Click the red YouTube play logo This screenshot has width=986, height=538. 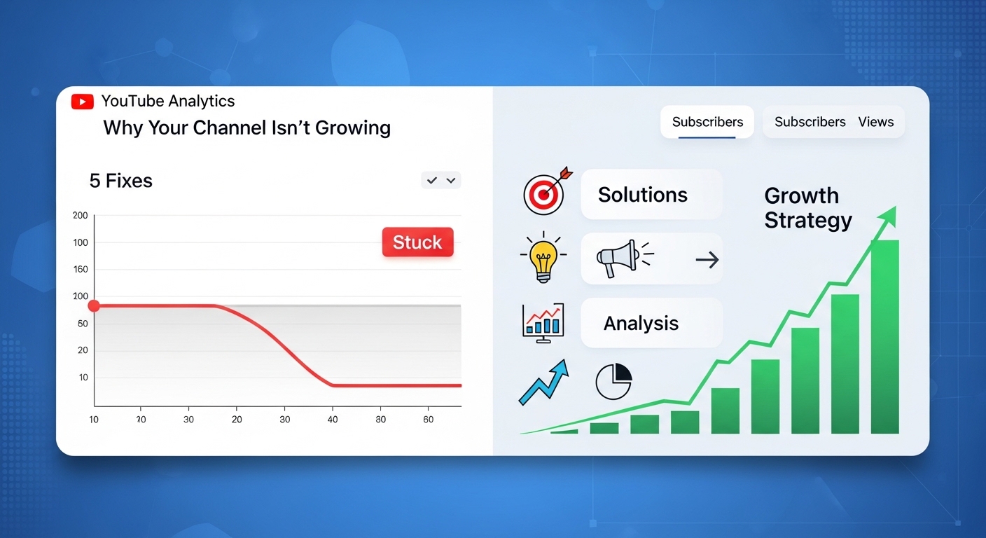83,102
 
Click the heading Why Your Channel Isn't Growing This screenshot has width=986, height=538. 247,127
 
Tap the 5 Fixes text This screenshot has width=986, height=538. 121,181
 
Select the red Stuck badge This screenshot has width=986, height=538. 418,242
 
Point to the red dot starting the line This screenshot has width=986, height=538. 94,306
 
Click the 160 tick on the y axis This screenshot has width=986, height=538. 81,269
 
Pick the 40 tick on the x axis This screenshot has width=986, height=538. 333,419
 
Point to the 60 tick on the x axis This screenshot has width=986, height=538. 429,419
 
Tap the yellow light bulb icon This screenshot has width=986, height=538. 543,256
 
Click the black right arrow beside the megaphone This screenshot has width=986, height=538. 707,260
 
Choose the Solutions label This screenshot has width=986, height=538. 643,195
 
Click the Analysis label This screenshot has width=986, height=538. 641,323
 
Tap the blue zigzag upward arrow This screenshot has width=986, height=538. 544,382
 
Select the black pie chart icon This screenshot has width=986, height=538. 614,381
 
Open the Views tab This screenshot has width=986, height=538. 876,122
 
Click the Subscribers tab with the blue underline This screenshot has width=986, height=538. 707,122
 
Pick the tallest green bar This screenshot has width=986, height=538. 884,337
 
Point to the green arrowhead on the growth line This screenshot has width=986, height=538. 888,216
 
